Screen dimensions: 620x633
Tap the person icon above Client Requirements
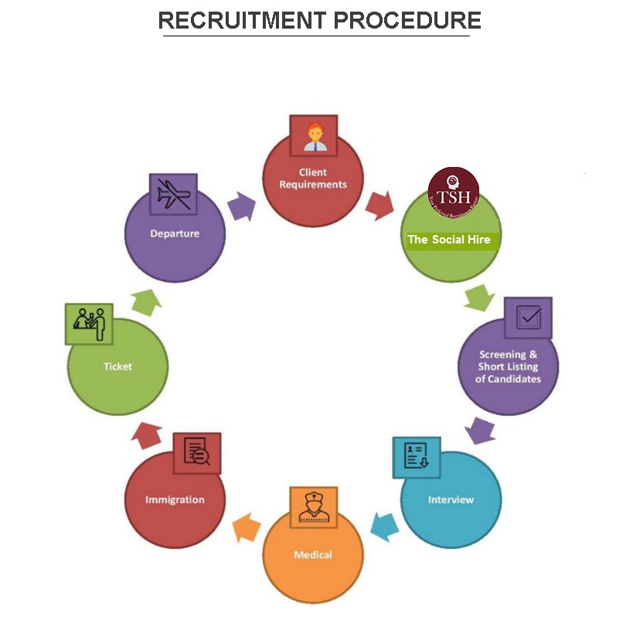point(314,136)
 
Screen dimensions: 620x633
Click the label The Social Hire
point(448,240)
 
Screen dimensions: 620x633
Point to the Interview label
point(451,499)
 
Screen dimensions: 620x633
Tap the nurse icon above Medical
point(314,508)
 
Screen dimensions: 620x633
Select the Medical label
point(313,555)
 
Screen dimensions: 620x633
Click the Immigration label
point(175,499)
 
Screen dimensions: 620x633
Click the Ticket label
point(117,366)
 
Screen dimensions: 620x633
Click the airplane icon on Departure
point(173,193)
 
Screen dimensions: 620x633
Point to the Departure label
point(175,233)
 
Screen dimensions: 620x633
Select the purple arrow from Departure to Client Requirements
point(243,206)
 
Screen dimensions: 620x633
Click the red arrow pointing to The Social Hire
point(380,205)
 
